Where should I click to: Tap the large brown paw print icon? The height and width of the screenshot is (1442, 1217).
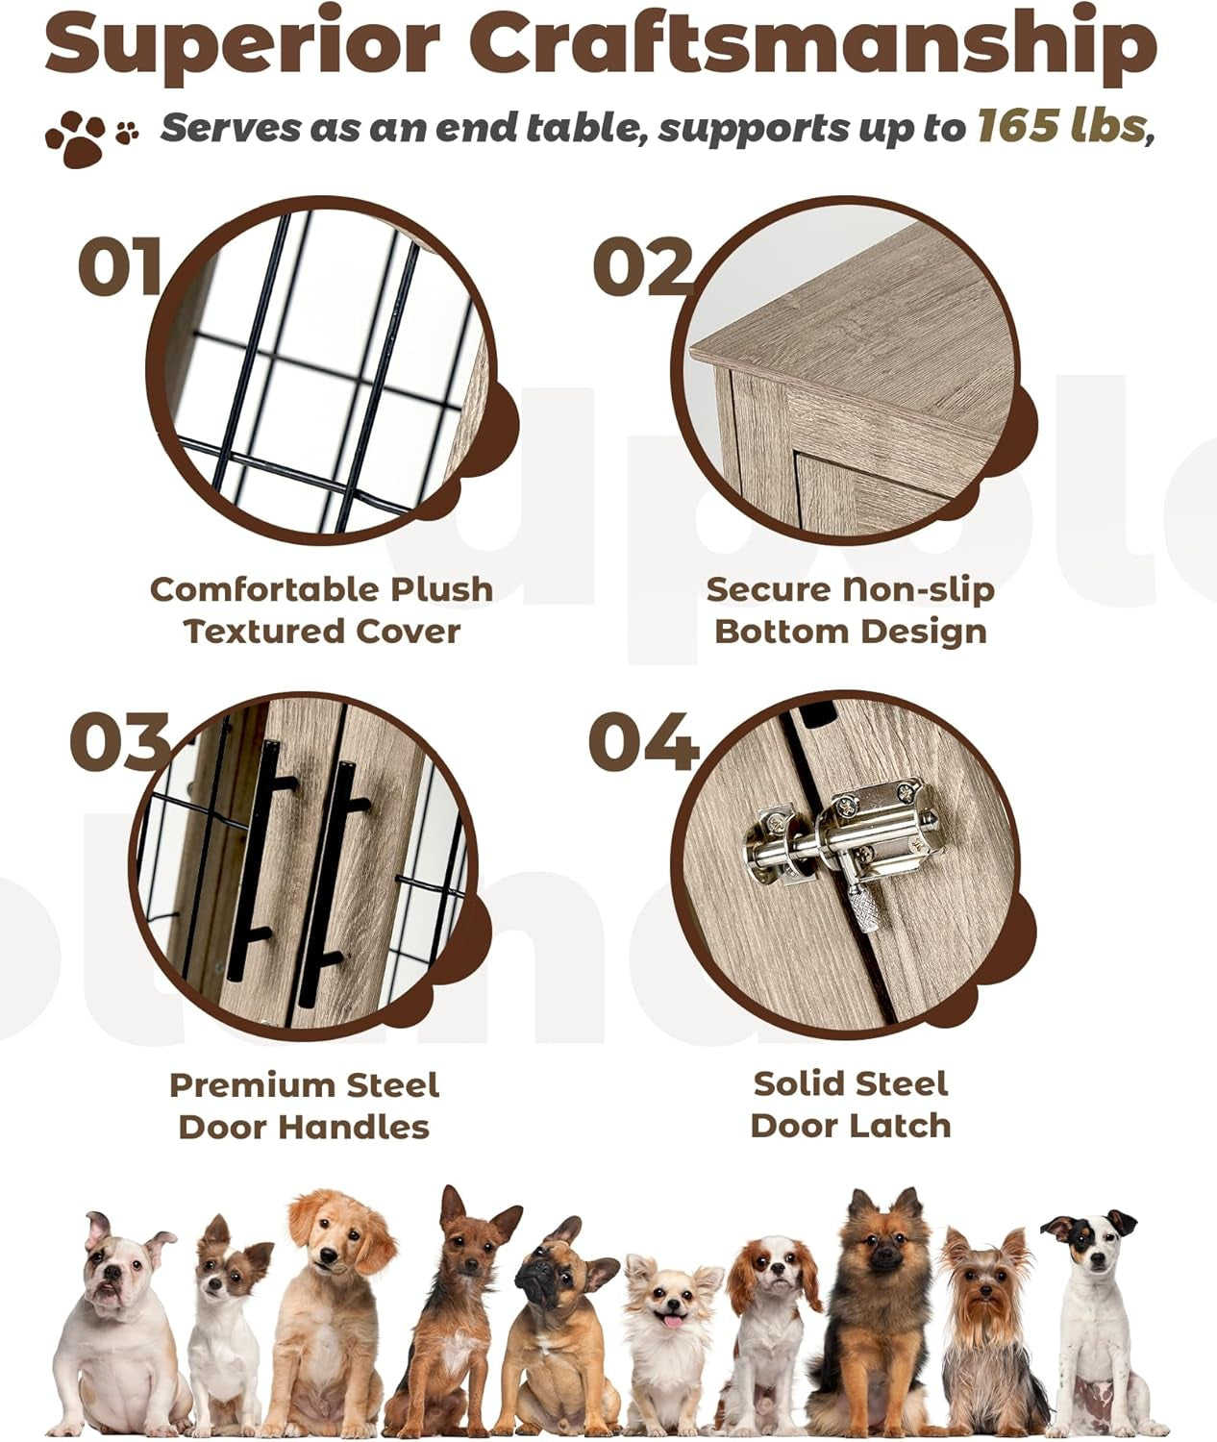click(75, 137)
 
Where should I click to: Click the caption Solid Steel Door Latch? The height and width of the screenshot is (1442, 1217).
click(850, 1104)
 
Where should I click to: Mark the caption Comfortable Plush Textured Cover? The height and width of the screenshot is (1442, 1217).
click(321, 609)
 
